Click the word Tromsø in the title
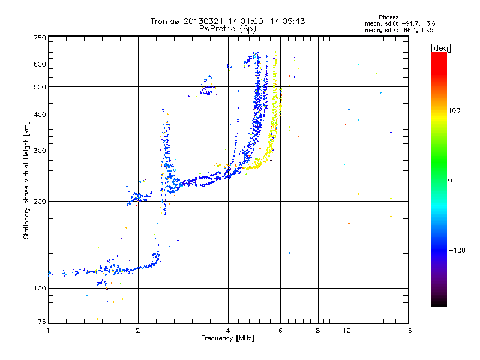pyautogui.click(x=165, y=21)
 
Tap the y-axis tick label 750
pyautogui.click(x=40, y=38)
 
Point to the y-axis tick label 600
pyautogui.click(x=40, y=64)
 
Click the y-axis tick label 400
pyautogui.click(x=40, y=115)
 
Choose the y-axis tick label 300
pyautogui.click(x=40, y=151)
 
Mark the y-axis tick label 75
pyautogui.click(x=41, y=323)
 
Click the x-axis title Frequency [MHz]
pyautogui.click(x=227, y=339)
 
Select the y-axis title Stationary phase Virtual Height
pyautogui.click(x=26, y=180)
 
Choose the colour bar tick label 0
pyautogui.click(x=451, y=180)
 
